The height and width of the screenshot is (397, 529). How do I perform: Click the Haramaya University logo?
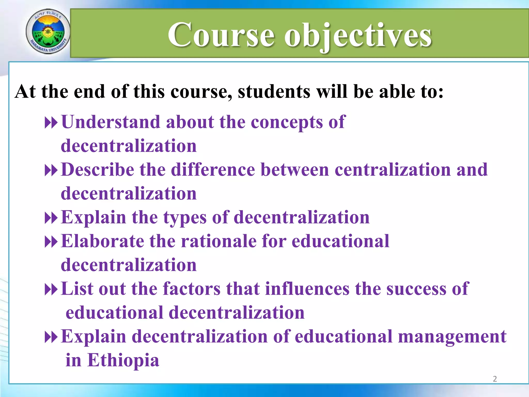click(48, 32)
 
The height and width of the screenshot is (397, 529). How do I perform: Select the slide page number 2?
click(495, 379)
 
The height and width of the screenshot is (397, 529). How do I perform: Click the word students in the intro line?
click(274, 91)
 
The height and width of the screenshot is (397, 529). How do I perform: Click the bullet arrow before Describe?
click(51, 171)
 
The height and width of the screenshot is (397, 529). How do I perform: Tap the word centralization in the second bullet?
click(393, 170)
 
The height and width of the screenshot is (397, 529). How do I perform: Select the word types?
click(185, 218)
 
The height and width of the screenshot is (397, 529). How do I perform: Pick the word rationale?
click(218, 241)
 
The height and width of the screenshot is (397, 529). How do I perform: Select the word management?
click(452, 337)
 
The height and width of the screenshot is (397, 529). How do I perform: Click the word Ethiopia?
click(123, 360)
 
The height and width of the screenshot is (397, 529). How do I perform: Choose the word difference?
click(213, 170)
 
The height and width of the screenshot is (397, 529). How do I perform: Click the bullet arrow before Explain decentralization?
click(51, 337)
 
